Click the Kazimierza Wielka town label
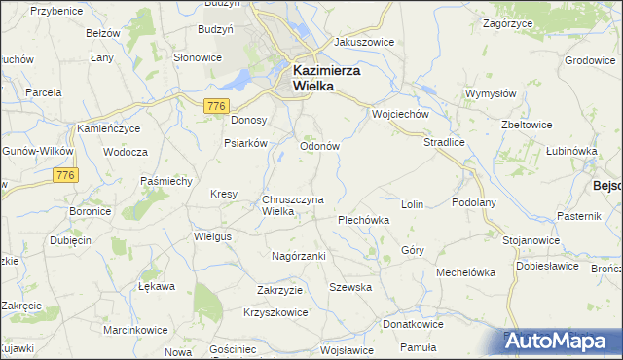pyautogui.click(x=327, y=78)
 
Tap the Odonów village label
pyautogui.click(x=318, y=146)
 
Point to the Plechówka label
pyautogui.click(x=363, y=220)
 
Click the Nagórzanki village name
pyautogui.click(x=298, y=256)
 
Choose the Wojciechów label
pyautogui.click(x=400, y=114)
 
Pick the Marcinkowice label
pyautogui.click(x=135, y=330)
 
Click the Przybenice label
pyautogui.click(x=55, y=10)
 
